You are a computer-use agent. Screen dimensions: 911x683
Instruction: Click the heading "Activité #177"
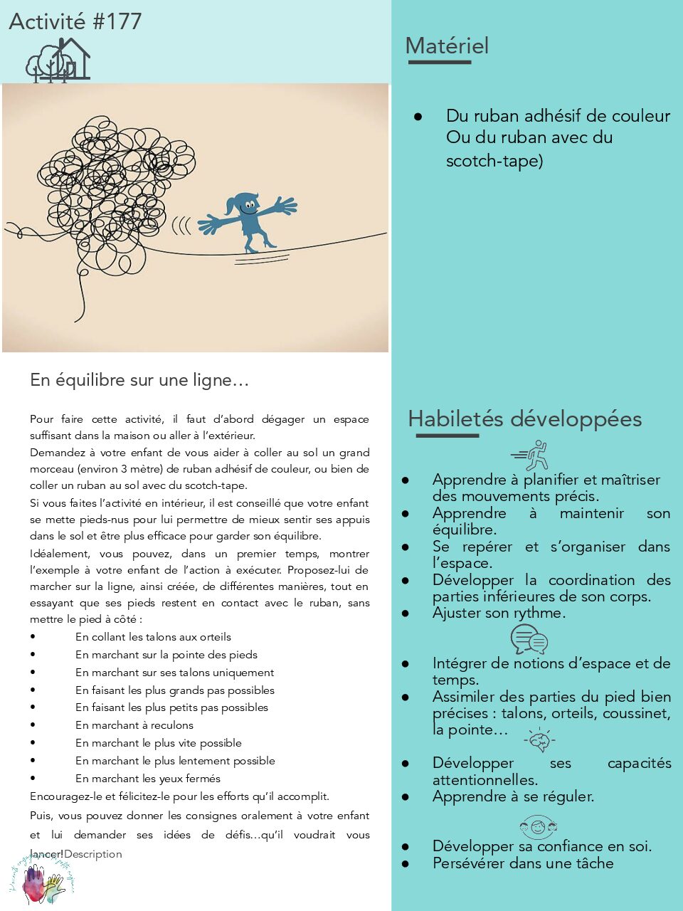pos(75,21)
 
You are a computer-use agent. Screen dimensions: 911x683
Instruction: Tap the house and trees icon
pos(58,60)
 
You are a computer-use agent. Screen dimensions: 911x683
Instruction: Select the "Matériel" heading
pos(447,46)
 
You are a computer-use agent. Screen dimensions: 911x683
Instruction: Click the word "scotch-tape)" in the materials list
pos(494,161)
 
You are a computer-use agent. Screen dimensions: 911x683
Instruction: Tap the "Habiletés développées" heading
pos(524,418)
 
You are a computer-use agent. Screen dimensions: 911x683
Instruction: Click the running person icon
pos(531,455)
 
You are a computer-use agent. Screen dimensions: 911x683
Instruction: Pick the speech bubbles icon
pos(529,639)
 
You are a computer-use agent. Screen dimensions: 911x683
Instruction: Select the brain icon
pos(539,741)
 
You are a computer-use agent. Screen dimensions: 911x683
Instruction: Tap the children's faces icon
pos(538,828)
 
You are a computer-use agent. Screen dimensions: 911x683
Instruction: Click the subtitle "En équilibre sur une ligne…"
pos(139,380)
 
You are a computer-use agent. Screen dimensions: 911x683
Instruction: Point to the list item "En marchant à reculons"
pos(134,725)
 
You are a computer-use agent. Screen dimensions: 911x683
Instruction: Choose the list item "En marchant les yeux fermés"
pos(148,779)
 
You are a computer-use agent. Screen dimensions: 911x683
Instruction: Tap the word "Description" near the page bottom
pos(93,854)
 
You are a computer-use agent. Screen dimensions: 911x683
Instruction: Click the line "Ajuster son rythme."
pos(499,613)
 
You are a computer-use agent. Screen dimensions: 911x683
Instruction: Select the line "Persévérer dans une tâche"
pos(523,863)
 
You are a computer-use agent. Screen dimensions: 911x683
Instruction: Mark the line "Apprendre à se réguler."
pos(513,796)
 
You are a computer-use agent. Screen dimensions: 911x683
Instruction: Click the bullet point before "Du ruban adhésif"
pos(418,116)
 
